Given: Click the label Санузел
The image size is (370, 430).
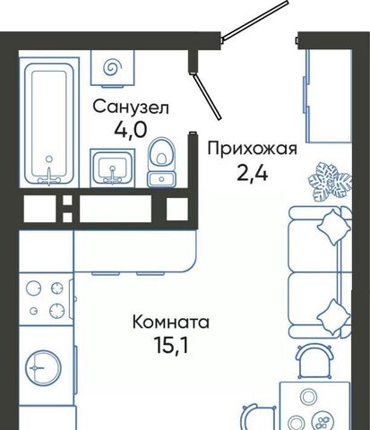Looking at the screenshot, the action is [131, 107].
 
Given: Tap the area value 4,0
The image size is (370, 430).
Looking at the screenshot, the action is [131, 130].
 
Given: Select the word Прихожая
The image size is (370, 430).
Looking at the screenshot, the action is [253, 149].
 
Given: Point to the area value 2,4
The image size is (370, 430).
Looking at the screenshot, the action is [253, 173].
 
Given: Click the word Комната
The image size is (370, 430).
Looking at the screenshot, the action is [171, 322].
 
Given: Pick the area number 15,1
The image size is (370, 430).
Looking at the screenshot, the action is [171, 345].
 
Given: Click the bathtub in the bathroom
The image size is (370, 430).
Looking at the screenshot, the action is [49, 124].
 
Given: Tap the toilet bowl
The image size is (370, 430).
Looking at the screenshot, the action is [161, 162].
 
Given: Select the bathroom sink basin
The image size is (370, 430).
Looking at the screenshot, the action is [113, 168].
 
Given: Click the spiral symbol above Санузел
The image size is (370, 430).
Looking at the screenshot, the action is [113, 67].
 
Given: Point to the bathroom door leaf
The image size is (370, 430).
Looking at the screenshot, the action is [207, 96].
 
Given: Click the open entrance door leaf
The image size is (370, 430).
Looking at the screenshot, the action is [254, 21].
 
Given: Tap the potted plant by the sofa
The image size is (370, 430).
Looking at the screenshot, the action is [330, 181].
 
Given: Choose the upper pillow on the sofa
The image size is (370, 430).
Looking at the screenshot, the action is [334, 227].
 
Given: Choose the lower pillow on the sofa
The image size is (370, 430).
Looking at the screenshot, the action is [333, 317].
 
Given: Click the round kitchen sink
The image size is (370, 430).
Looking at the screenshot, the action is [43, 367].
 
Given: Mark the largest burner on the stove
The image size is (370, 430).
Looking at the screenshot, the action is [57, 311].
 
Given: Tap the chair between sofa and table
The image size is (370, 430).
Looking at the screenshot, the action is [314, 360].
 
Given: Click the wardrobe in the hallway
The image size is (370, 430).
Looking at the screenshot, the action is [328, 96].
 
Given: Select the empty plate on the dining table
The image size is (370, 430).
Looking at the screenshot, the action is [306, 397].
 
